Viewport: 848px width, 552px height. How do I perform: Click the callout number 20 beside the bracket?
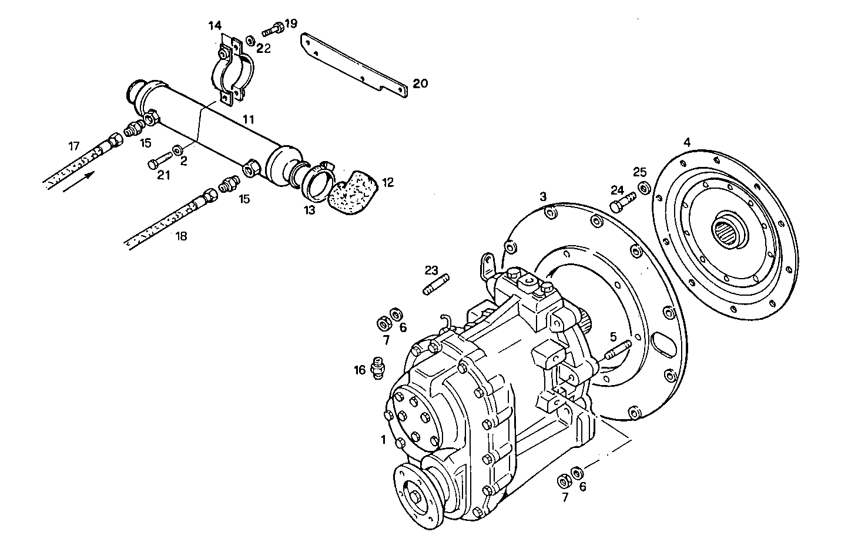pos(420,83)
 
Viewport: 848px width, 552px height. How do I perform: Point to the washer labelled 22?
pos(249,40)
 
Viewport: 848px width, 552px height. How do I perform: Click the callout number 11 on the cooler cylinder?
pos(249,119)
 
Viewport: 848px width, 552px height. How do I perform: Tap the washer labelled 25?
pos(644,188)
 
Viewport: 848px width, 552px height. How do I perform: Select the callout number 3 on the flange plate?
pos(544,195)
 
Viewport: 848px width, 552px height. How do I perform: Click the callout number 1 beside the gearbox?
pos(383,439)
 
